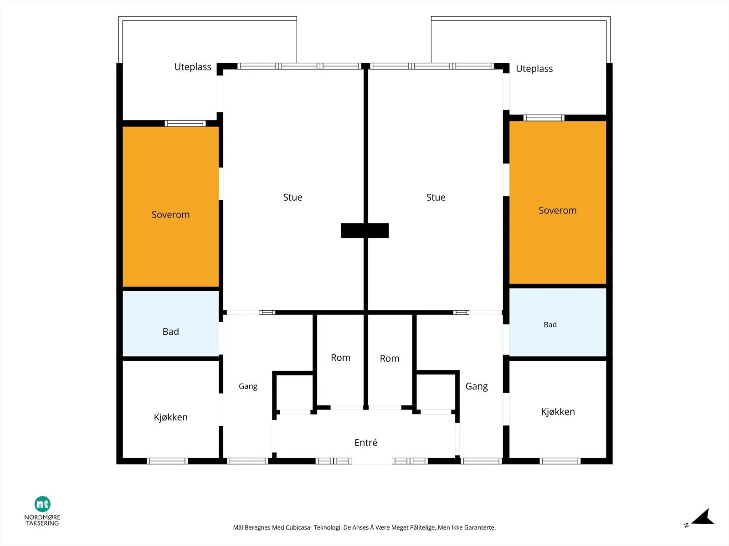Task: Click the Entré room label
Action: click(x=366, y=443)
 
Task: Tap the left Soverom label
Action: click(x=170, y=214)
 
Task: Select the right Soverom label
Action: click(x=557, y=210)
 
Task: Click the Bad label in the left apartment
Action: click(x=171, y=332)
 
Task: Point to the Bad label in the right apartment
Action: click(x=550, y=324)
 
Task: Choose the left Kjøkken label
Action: click(x=171, y=417)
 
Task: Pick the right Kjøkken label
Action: click(x=558, y=411)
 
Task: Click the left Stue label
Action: click(x=293, y=197)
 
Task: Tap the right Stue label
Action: click(x=436, y=197)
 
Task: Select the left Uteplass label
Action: click(x=193, y=67)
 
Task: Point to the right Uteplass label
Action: click(x=534, y=69)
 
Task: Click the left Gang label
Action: click(x=248, y=387)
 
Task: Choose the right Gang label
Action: click(x=477, y=387)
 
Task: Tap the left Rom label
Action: click(x=340, y=358)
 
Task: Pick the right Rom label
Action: click(x=389, y=359)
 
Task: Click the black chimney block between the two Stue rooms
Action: click(x=364, y=230)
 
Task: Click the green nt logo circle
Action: click(x=42, y=504)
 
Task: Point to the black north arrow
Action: click(x=703, y=517)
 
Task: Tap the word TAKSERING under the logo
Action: click(x=42, y=523)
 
